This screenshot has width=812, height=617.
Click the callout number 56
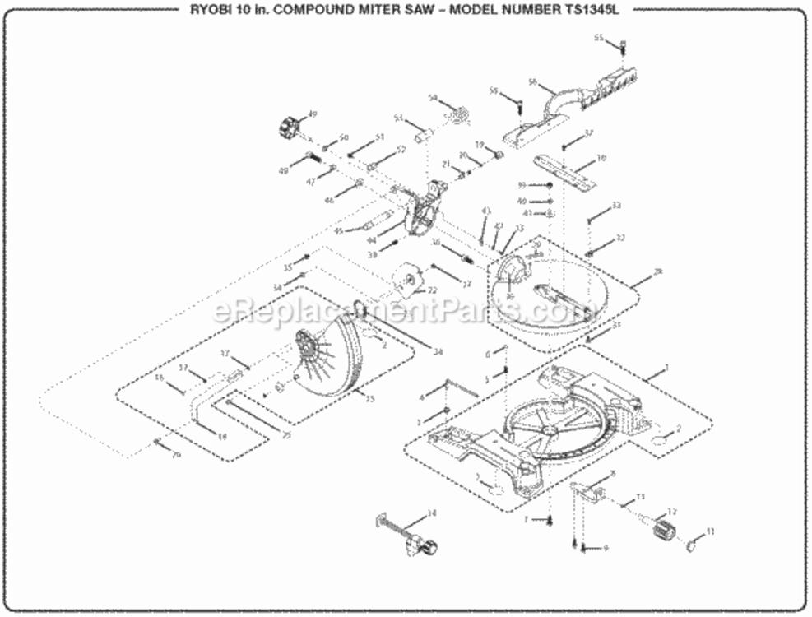point(532,81)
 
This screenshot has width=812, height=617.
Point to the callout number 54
point(433,98)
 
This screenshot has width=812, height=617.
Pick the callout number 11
point(711,532)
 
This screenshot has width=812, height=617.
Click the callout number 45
point(338,231)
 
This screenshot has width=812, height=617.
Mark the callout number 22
point(432,290)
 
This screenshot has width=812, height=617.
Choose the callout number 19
point(478,145)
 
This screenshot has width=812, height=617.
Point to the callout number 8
point(612,473)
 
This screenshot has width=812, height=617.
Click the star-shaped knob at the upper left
point(287,128)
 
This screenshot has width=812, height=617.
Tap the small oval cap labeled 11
point(691,542)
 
